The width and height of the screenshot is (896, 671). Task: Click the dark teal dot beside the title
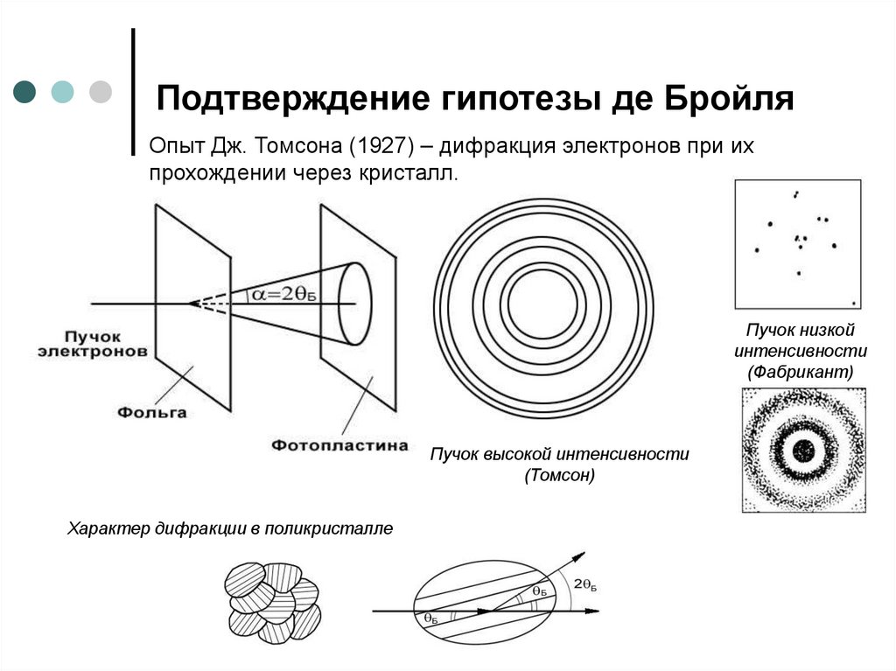point(25,91)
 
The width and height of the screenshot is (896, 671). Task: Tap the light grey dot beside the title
point(101,91)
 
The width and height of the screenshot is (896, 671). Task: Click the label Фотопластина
point(339,445)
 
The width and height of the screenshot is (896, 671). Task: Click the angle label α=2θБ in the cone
point(282,295)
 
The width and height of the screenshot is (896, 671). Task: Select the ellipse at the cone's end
point(354,302)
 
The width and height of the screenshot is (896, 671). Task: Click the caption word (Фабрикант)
point(799,372)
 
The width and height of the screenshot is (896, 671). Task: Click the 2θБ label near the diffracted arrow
point(585,584)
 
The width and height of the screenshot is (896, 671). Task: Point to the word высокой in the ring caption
point(520,455)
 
